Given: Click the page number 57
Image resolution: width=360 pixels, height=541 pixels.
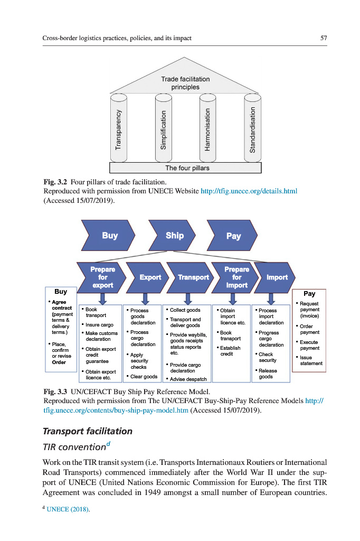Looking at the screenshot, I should click(324, 38).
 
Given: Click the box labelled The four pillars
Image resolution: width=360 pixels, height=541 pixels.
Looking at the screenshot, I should click(185, 168).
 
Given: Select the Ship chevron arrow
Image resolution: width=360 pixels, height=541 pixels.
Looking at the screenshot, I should click(174, 236).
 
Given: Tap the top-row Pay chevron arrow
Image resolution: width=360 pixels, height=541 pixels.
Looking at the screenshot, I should click(233, 236).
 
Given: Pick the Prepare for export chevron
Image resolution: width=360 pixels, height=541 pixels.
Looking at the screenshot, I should click(102, 277).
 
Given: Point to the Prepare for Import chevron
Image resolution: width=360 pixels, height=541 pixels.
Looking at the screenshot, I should click(236, 277).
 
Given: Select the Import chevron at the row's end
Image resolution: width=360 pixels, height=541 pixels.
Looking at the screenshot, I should click(276, 277).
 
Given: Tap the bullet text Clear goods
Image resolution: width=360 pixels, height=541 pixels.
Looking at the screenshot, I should click(143, 377).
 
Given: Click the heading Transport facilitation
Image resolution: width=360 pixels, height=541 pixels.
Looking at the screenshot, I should click(88, 431).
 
